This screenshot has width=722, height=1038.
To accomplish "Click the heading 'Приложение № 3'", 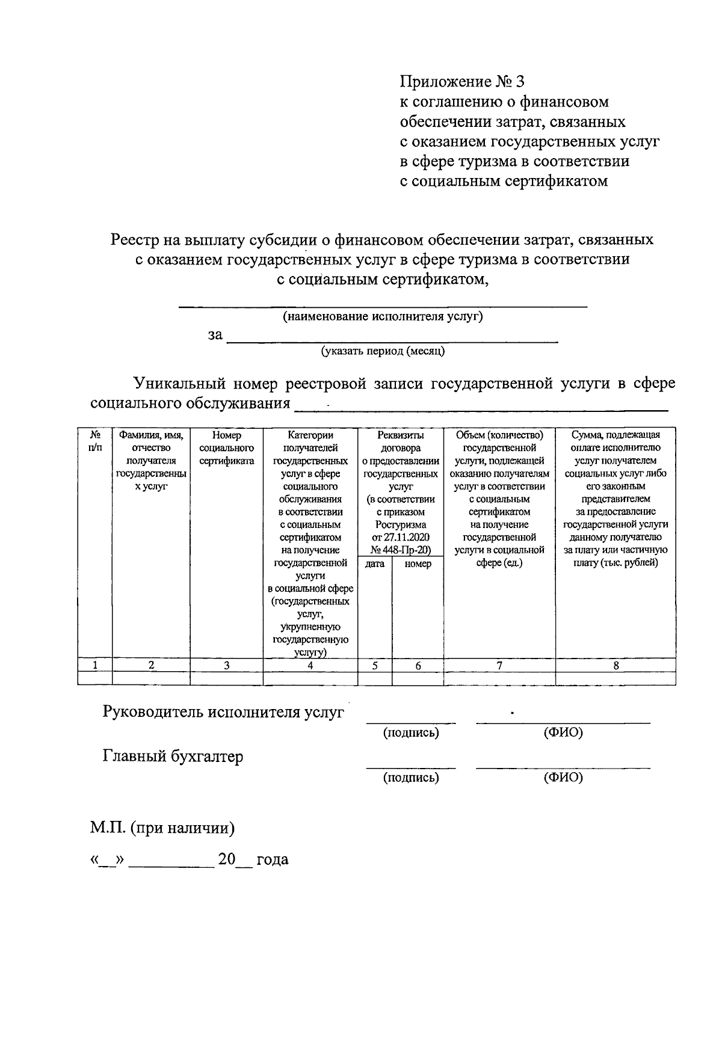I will click(x=463, y=82).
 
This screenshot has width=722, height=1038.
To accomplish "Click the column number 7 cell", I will click(x=499, y=665).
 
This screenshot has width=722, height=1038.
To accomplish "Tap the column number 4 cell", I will click(x=310, y=665).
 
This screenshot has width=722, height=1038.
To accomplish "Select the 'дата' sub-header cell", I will click(x=375, y=564).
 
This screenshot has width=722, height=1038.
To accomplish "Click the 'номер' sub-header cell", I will click(x=418, y=564).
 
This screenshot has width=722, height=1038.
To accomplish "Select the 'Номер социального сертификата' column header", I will click(x=226, y=448).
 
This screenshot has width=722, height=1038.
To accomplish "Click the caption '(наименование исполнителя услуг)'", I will click(x=383, y=317).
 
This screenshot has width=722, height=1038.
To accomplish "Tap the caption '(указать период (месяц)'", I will click(x=383, y=351).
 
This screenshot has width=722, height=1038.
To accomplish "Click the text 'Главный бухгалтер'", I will click(x=173, y=756).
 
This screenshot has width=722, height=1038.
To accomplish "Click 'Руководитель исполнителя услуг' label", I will click(x=223, y=712).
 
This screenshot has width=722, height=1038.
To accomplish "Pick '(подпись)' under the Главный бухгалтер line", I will click(x=412, y=778).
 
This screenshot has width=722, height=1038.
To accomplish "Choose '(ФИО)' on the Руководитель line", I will click(x=563, y=733).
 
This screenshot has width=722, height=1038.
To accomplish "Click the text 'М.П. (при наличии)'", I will click(x=162, y=828).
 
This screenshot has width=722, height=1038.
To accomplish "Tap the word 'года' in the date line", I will click(x=273, y=859).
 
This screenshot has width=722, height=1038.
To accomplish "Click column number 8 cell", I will click(x=616, y=665).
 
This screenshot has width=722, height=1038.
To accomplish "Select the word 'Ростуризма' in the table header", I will click(x=400, y=524).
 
